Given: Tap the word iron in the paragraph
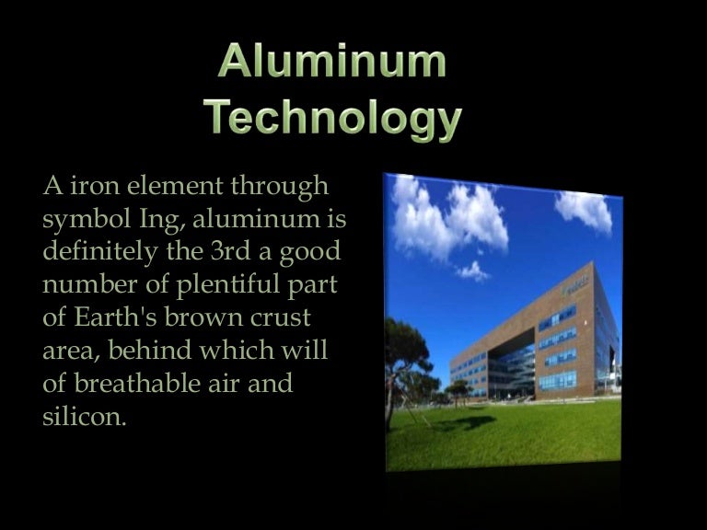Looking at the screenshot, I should pyautogui.click(x=86, y=186).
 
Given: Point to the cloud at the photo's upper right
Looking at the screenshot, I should pyautogui.click(x=584, y=210).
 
